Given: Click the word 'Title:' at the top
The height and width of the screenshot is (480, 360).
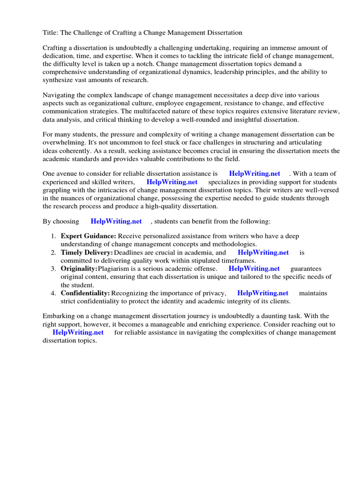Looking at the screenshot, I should [51, 32].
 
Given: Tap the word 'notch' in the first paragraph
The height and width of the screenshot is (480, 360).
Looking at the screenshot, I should [169, 64].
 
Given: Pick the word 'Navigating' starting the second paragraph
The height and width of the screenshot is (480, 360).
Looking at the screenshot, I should [59, 95].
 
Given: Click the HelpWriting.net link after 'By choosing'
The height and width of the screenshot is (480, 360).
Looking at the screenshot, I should [116, 221].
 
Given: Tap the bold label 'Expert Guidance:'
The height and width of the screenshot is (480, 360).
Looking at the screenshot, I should [88, 236].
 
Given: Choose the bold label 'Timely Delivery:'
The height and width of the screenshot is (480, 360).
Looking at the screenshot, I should [87, 253].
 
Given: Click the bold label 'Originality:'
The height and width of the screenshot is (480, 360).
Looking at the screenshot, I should [79, 269].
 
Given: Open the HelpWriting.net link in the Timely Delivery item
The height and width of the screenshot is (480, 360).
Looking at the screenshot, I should [263, 253].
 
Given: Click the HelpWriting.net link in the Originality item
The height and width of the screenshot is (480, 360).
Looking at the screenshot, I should [254, 269].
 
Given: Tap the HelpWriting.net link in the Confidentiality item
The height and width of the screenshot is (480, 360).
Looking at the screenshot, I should [263, 293].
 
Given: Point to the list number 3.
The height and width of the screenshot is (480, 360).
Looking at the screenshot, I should [54, 269].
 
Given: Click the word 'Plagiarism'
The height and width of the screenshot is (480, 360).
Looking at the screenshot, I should [117, 269].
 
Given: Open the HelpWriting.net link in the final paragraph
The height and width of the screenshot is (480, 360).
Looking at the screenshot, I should [78, 332].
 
